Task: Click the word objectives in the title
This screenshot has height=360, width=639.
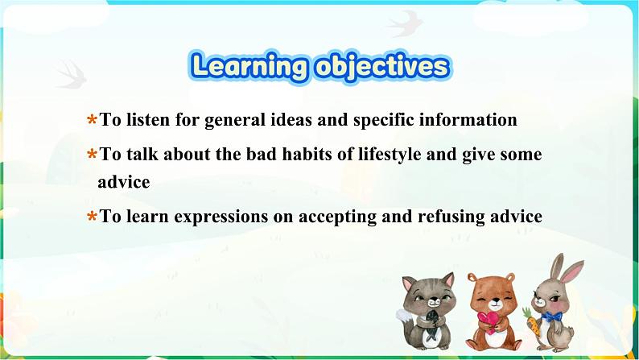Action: (x=379, y=66)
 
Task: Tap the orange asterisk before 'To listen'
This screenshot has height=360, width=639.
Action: (x=92, y=121)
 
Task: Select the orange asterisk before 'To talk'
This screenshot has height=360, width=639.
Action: (x=92, y=155)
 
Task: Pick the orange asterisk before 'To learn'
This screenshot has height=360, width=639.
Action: (x=92, y=217)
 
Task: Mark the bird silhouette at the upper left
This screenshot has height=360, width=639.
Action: (x=69, y=74)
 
